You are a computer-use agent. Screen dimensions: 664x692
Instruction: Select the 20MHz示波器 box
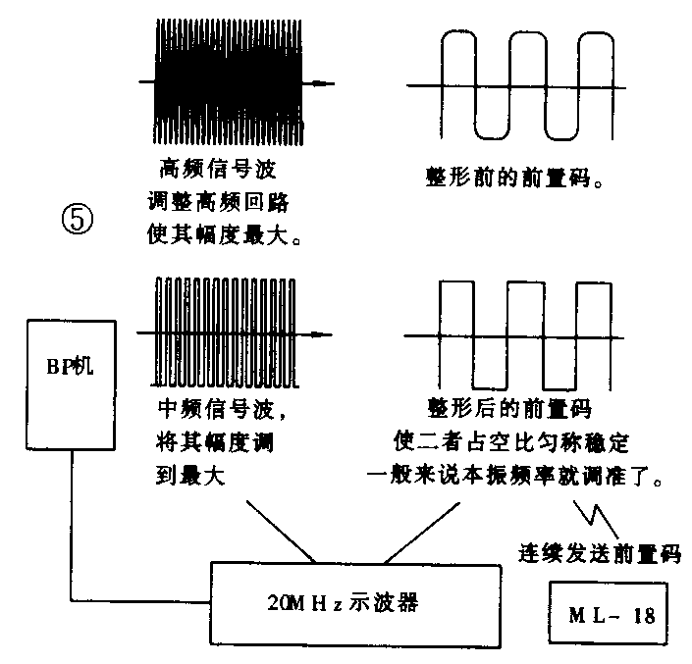click(x=343, y=601)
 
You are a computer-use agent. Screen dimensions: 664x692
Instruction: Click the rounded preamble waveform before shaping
click(x=520, y=85)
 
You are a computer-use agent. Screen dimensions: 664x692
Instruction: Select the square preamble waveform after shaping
click(x=520, y=334)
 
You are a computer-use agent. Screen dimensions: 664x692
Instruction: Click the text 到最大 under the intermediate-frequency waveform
click(x=191, y=478)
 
